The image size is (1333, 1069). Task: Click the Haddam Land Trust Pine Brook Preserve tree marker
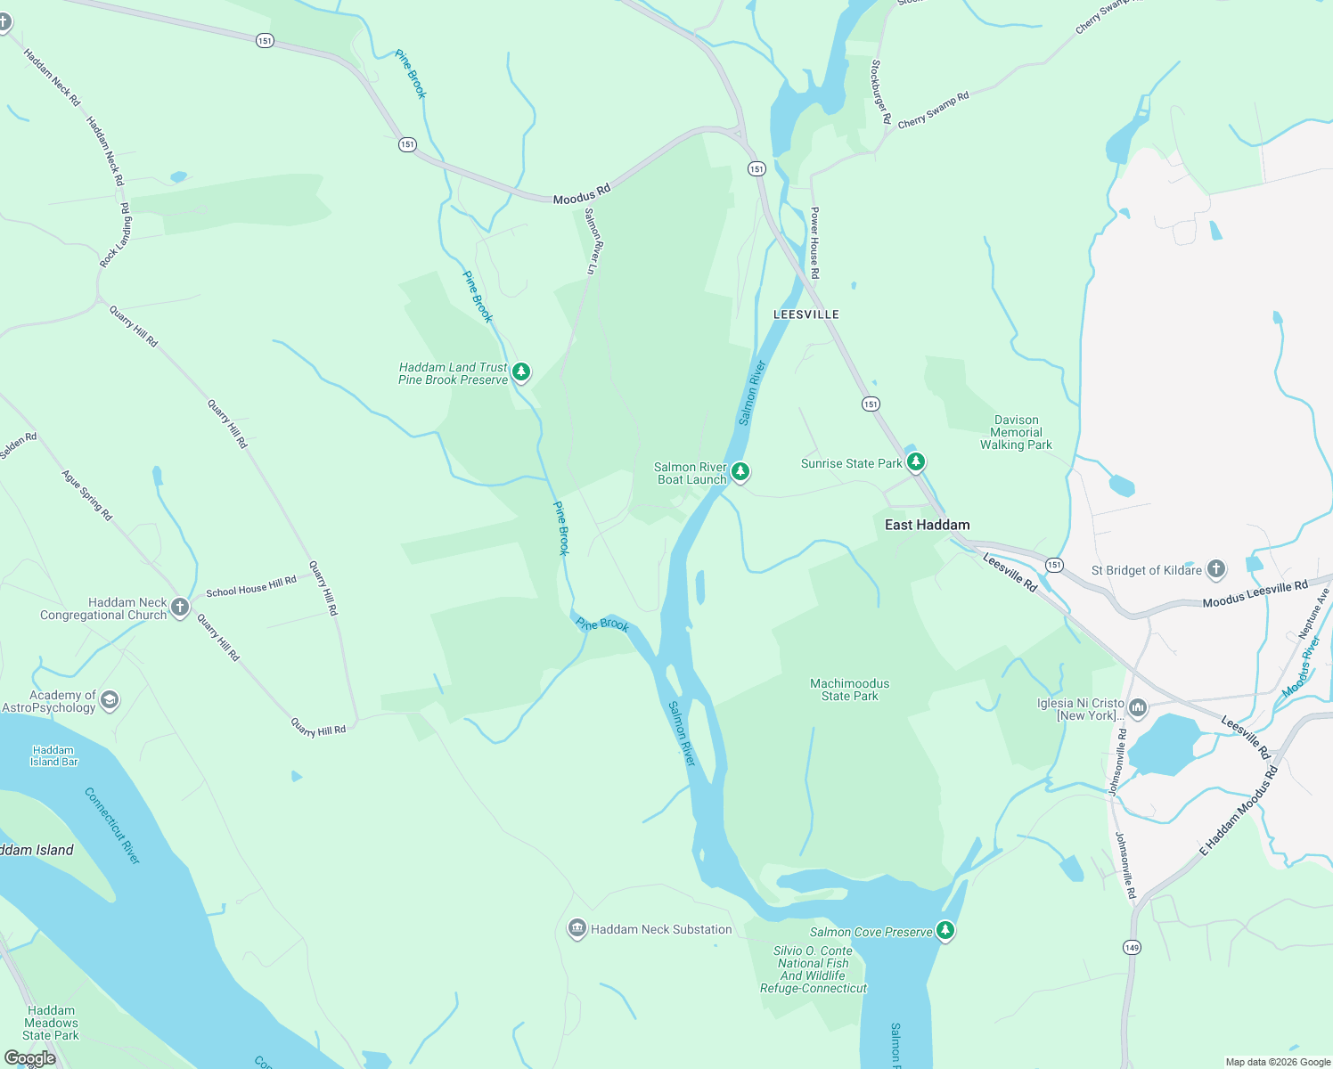[521, 371]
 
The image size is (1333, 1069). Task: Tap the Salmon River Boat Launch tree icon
[740, 470]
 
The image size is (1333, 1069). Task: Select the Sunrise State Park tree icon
[915, 461]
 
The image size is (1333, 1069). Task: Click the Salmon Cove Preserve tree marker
[945, 930]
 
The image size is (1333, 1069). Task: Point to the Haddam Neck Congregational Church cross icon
[180, 608]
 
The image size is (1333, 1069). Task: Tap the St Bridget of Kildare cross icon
[1216, 569]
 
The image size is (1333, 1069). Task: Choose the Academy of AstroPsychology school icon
[110, 700]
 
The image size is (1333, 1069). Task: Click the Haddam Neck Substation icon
[577, 929]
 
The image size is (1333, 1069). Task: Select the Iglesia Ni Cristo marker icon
[1138, 708]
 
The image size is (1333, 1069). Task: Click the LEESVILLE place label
[806, 314]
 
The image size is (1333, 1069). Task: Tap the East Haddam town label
[927, 525]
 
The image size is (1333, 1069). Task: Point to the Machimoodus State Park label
[849, 690]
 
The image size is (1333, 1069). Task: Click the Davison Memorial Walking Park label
[1016, 432]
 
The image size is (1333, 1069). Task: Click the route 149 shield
[1131, 947]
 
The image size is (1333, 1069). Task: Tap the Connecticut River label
[112, 825]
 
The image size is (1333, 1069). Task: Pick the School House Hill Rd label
[251, 586]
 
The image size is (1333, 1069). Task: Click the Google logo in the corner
[29, 1058]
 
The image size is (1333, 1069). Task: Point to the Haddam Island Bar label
[53, 755]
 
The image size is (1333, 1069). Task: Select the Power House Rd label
[814, 242]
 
